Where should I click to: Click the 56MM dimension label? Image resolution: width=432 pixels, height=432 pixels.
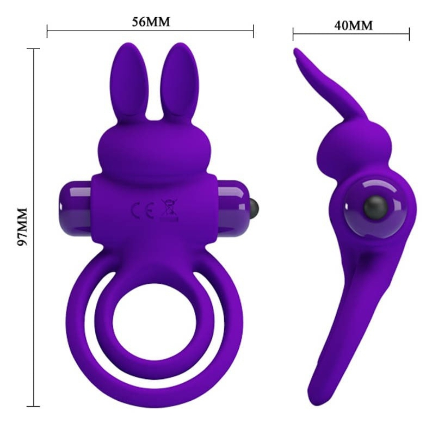click(x=150, y=22)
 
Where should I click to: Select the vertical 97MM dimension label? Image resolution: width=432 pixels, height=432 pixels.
click(x=22, y=226)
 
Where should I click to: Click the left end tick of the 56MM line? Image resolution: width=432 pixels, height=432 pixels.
click(x=47, y=31)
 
